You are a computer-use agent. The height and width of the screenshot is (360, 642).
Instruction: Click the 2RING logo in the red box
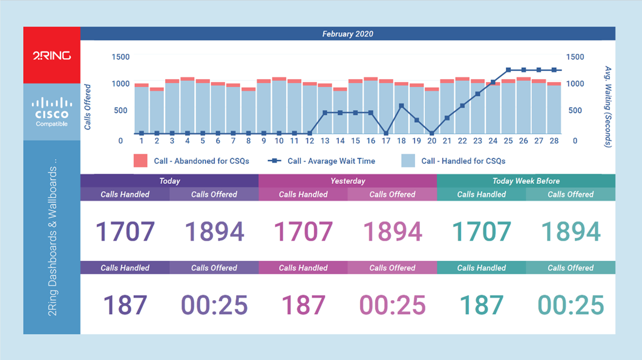[51, 56]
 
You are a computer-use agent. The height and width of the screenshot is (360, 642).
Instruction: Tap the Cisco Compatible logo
[51, 112]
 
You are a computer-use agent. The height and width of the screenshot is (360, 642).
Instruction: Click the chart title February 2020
[347, 34]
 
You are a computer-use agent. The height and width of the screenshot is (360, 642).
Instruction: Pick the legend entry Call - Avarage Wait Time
[323, 161]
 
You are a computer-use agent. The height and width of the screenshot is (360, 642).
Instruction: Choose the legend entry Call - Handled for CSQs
[454, 161]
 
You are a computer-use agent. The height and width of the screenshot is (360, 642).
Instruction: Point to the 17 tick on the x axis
[386, 140]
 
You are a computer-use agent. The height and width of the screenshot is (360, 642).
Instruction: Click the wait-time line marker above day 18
[401, 106]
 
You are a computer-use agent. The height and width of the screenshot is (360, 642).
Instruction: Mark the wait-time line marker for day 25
[508, 70]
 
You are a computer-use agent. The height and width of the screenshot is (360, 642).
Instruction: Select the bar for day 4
[187, 109]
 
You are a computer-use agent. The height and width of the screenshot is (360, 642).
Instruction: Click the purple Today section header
[169, 181]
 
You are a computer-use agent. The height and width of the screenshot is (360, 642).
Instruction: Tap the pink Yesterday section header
[347, 181]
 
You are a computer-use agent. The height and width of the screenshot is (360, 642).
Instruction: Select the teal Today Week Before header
[526, 181]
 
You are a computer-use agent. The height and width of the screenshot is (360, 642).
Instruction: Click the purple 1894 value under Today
[214, 232]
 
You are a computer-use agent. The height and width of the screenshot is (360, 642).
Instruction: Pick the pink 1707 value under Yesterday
[303, 232]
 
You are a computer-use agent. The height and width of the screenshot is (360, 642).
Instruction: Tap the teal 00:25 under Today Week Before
[571, 305]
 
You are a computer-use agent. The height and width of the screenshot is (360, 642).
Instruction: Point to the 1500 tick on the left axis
[120, 57]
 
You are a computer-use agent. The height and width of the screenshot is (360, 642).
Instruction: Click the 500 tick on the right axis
[575, 110]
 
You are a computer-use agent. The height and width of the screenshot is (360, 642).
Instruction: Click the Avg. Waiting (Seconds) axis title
[608, 106]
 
